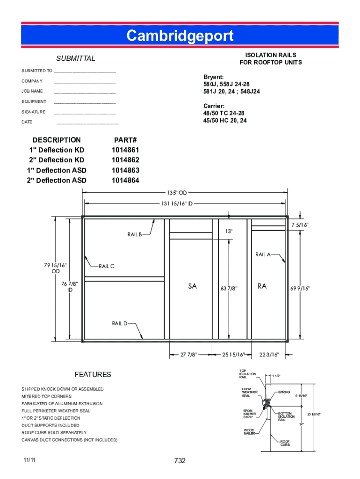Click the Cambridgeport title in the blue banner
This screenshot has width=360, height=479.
tap(180, 36)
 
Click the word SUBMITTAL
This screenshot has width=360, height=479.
tap(76, 58)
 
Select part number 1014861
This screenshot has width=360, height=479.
tap(125, 150)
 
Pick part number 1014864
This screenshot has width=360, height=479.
tap(125, 181)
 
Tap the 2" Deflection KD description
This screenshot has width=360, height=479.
tap(56, 160)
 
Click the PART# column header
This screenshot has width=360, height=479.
tap(125, 140)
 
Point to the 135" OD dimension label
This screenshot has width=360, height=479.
tap(177, 193)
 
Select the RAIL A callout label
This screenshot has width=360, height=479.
tap(263, 254)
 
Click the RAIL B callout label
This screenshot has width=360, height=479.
tap(134, 234)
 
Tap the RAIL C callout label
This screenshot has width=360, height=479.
tap(106, 266)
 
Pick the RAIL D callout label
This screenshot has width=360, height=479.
tap(119, 323)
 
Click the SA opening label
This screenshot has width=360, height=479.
tap(192, 287)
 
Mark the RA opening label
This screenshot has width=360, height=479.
tap(262, 286)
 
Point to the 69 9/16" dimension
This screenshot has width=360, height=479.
tap(300, 288)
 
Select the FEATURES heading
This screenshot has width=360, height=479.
tap(93, 375)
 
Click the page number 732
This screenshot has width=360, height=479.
tap(180, 461)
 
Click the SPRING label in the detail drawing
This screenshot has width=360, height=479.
tap(284, 392)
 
